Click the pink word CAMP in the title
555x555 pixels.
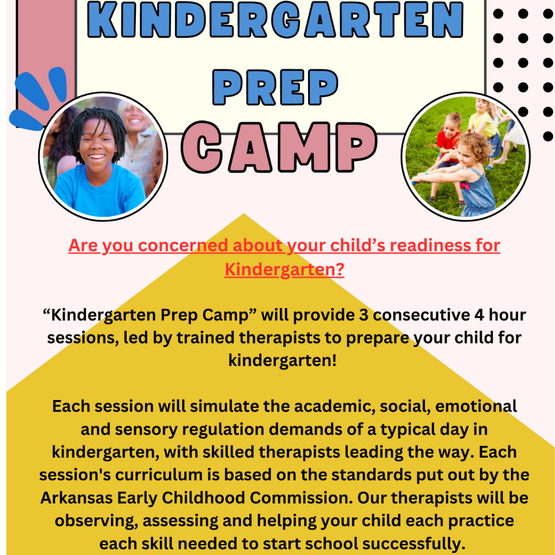(279, 147)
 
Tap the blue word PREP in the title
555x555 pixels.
(275, 87)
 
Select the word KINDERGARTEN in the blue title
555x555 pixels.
(275, 20)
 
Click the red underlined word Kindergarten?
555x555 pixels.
(284, 270)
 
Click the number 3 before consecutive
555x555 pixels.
(364, 314)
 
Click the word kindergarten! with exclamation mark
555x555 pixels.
(282, 361)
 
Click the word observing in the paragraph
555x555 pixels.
(97, 521)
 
